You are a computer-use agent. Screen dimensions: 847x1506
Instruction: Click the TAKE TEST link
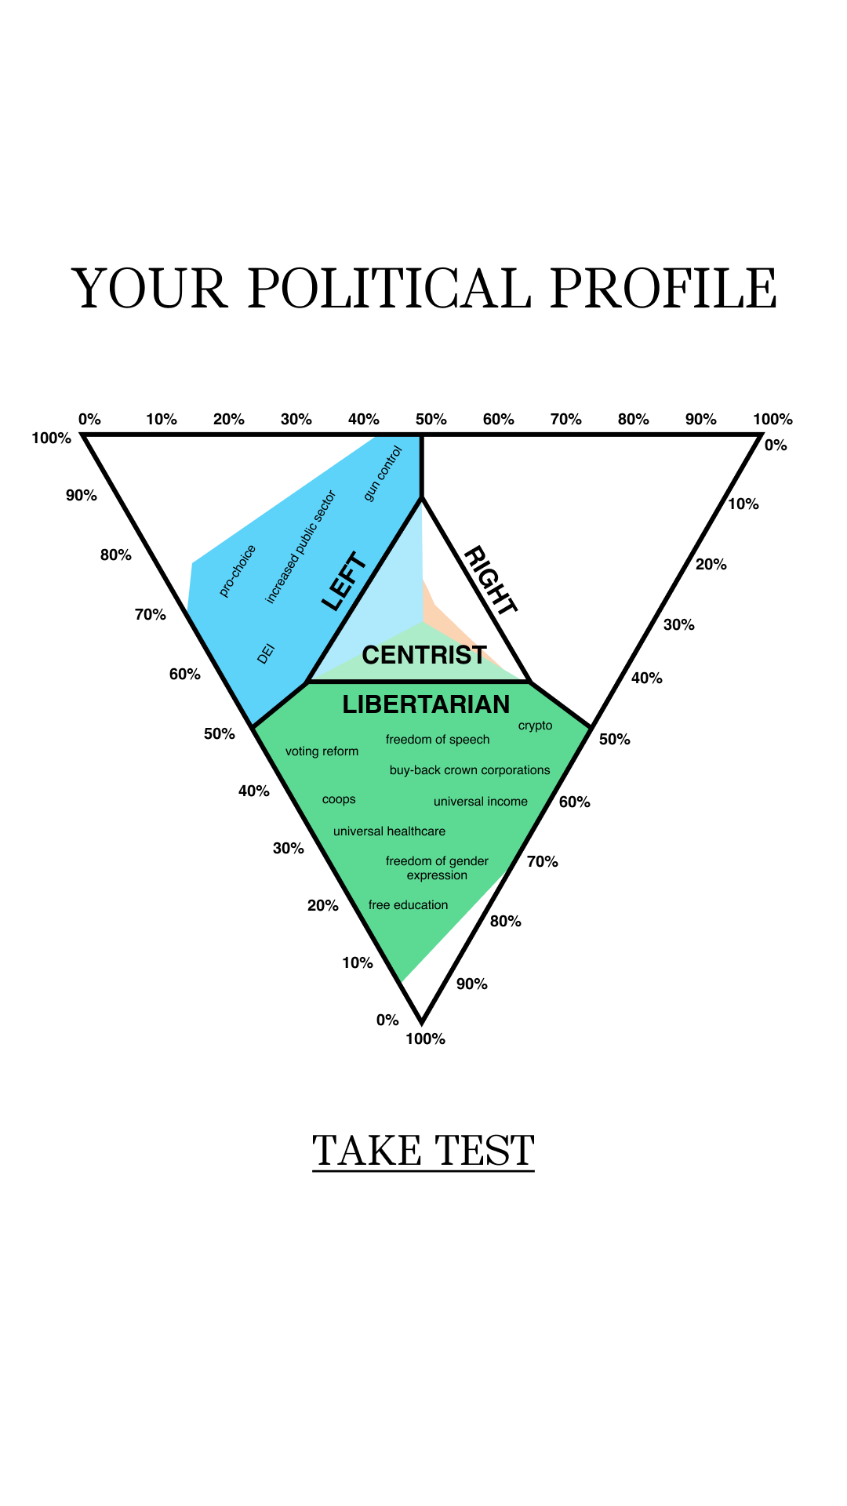tap(423, 1151)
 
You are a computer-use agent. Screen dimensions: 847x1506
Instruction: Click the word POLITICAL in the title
tap(389, 288)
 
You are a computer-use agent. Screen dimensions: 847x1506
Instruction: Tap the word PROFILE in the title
tap(663, 288)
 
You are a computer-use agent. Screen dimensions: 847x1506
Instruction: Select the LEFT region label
tap(344, 581)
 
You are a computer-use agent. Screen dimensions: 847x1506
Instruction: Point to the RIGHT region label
tap(491, 580)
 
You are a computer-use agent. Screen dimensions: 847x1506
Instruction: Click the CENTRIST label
tap(424, 655)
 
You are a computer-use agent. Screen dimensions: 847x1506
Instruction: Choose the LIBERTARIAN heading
tap(426, 704)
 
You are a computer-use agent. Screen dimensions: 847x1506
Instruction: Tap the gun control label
tap(383, 473)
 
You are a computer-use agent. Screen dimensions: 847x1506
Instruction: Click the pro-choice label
tap(238, 571)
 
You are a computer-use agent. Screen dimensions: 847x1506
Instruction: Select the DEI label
tap(267, 653)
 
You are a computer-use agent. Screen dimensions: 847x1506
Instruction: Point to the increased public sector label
tap(300, 547)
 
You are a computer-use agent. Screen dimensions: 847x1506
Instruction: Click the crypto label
tap(536, 726)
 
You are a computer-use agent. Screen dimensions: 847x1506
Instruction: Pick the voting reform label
tap(322, 751)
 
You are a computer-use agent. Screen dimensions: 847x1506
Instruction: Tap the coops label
tap(339, 800)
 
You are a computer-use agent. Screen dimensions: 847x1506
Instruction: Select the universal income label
tap(481, 802)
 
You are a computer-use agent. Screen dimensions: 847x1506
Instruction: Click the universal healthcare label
tap(389, 831)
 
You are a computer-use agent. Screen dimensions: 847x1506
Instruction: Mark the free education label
tap(408, 905)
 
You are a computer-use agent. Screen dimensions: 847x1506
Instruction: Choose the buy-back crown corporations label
tap(470, 770)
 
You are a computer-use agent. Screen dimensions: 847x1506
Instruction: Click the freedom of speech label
tap(438, 740)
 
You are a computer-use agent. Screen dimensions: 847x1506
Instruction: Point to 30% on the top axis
tap(296, 419)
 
